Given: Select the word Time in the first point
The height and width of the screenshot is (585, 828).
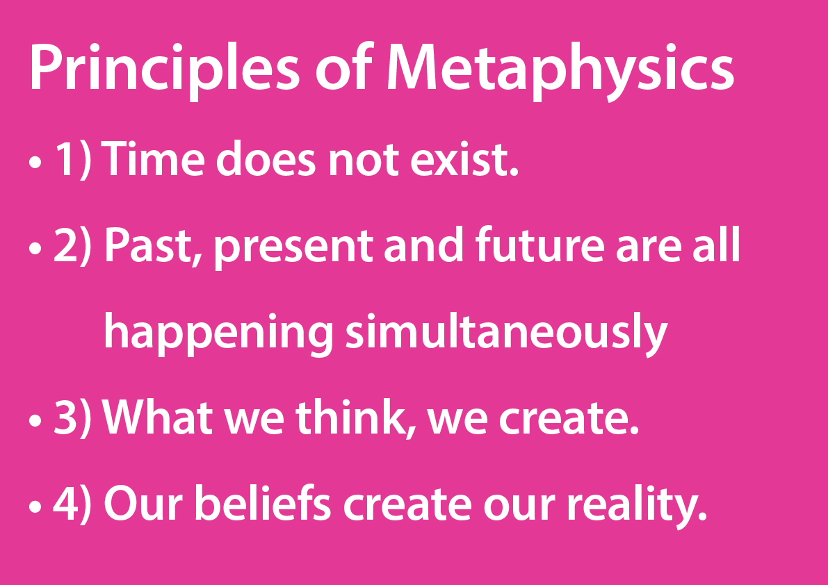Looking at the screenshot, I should (x=153, y=162).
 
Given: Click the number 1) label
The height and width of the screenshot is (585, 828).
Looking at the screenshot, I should (x=72, y=162).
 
